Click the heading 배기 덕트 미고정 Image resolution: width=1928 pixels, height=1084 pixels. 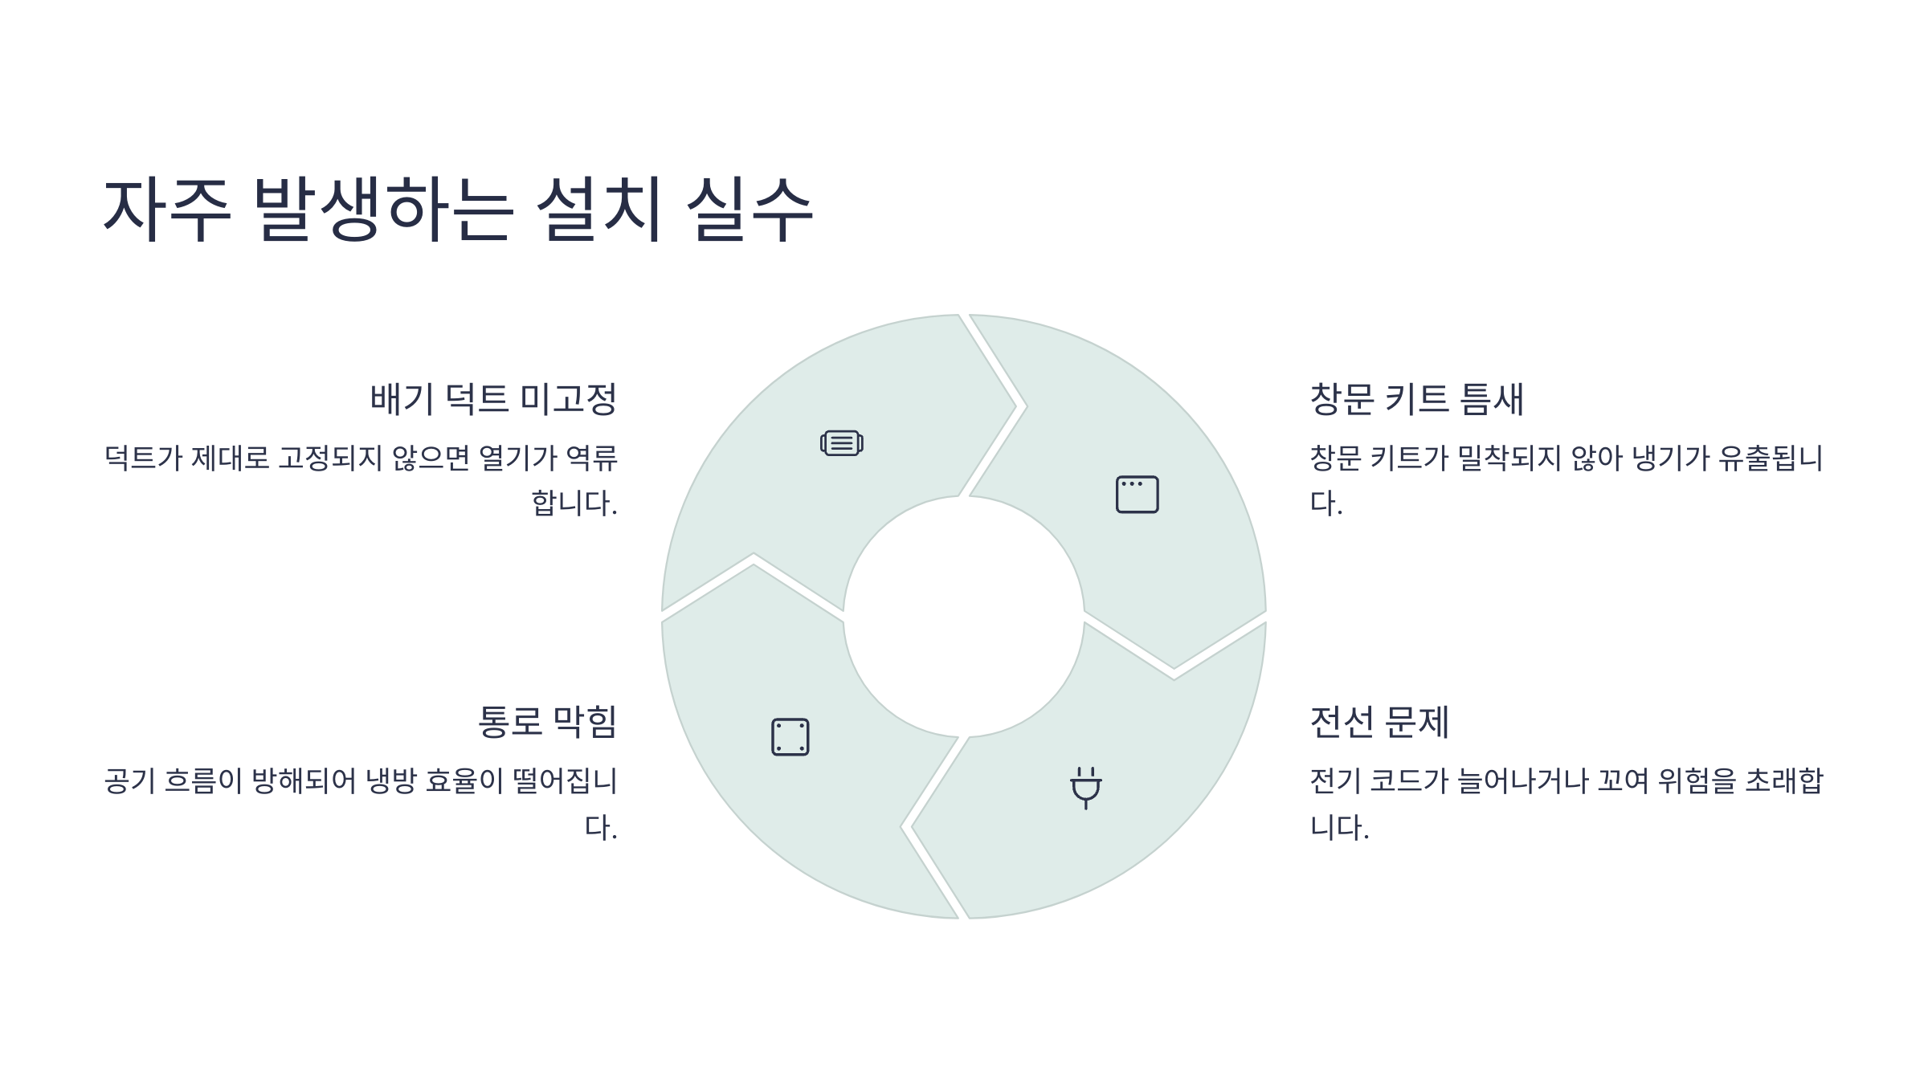point(493,399)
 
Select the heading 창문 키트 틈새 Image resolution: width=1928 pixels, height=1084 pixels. point(1416,399)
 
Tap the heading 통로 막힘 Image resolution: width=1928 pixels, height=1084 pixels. point(547,721)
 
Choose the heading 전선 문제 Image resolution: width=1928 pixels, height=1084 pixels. point(1379,721)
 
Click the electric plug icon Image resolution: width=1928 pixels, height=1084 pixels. point(1085,788)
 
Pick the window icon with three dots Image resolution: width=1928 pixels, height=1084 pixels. point(1137,494)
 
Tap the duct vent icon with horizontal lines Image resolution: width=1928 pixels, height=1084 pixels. point(841,442)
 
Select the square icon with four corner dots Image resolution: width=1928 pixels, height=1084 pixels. point(790,736)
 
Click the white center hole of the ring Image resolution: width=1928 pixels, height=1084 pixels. point(963,616)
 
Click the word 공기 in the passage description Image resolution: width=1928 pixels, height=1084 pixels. point(130,780)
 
